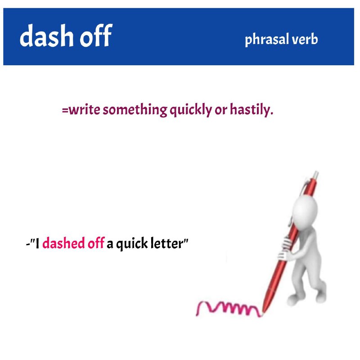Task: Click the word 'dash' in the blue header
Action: (x=47, y=36)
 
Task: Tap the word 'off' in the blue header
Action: (x=96, y=35)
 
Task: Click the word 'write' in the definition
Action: (x=85, y=109)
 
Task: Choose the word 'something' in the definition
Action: (x=135, y=110)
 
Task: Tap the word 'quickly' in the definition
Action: (x=191, y=110)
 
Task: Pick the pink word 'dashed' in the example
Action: (x=63, y=243)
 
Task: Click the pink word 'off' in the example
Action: (x=96, y=243)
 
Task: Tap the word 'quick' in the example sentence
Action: (x=132, y=243)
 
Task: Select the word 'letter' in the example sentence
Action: (x=166, y=243)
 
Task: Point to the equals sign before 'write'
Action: (x=65, y=110)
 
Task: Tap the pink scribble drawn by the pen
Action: (x=229, y=309)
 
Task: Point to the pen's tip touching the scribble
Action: (x=262, y=314)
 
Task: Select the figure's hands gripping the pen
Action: (x=285, y=248)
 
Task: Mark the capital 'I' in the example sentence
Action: (x=37, y=243)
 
